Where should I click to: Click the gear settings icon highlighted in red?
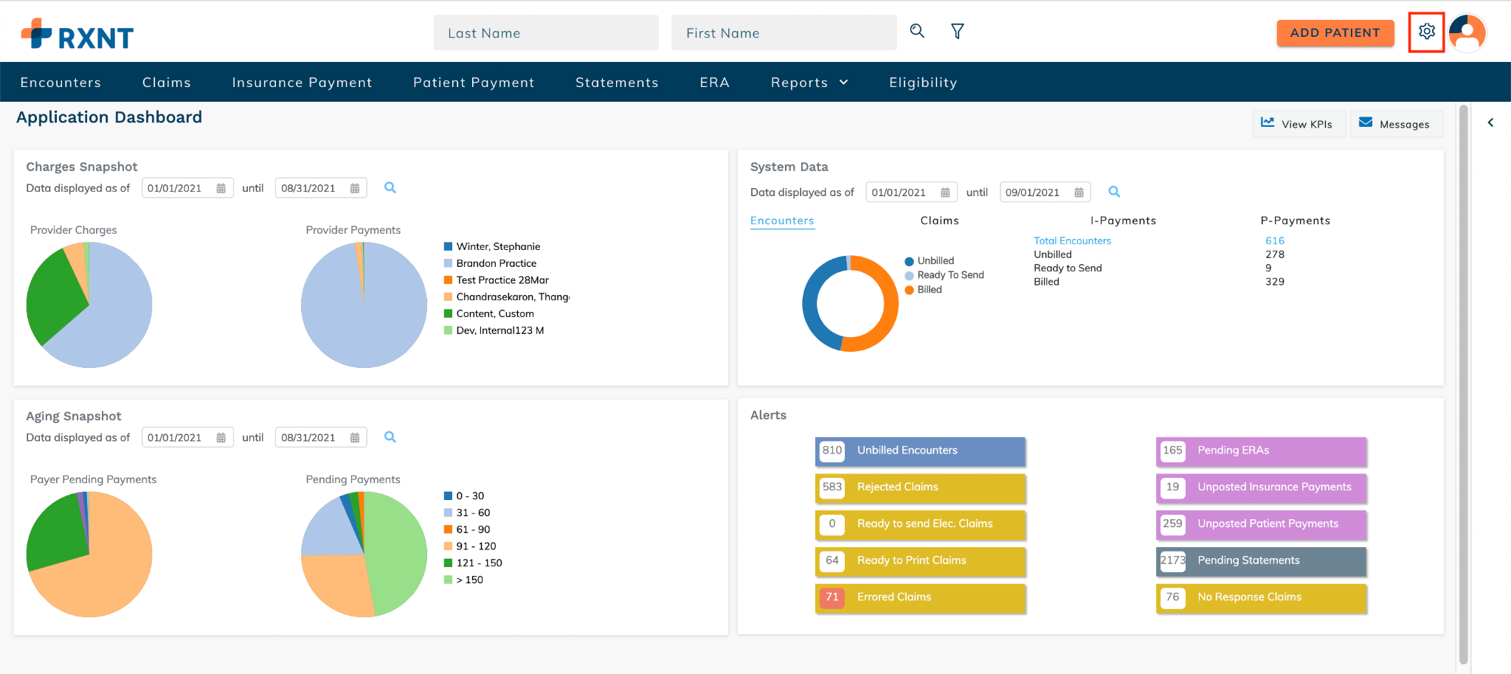point(1426,32)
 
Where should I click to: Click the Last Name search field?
point(546,33)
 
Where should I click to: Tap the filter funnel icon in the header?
point(957,31)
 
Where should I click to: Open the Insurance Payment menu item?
point(302,83)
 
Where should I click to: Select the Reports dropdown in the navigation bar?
point(809,83)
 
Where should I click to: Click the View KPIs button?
point(1298,124)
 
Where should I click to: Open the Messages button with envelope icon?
point(1396,124)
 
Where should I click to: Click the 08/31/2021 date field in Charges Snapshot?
point(320,188)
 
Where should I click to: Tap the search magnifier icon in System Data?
point(1114,192)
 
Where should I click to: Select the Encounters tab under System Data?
point(782,220)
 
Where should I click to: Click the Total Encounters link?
point(1072,240)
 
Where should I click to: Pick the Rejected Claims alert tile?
point(920,487)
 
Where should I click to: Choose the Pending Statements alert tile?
point(1261,561)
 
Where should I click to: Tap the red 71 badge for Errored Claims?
point(832,597)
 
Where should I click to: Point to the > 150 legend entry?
point(463,580)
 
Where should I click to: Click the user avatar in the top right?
point(1467,32)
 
